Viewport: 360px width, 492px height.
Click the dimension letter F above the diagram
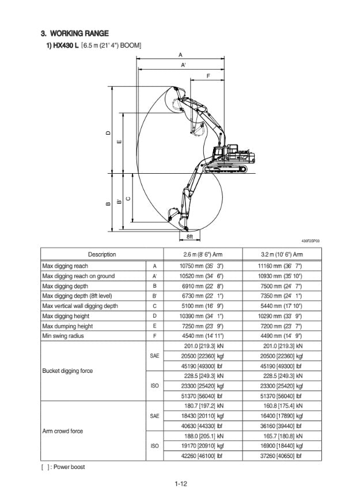(x=207, y=76)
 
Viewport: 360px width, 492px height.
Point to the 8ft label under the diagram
(x=190, y=237)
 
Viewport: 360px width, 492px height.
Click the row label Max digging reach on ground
(x=78, y=276)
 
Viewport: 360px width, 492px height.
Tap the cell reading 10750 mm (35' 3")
(x=202, y=266)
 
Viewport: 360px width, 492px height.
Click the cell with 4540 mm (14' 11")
(x=202, y=336)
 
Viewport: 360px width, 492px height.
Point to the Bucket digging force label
(x=68, y=371)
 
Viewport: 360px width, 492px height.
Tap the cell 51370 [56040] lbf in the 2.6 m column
(x=202, y=396)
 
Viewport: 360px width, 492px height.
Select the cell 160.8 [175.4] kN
(x=281, y=406)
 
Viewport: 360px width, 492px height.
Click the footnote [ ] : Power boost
(x=63, y=467)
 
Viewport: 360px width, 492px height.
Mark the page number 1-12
(x=181, y=483)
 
